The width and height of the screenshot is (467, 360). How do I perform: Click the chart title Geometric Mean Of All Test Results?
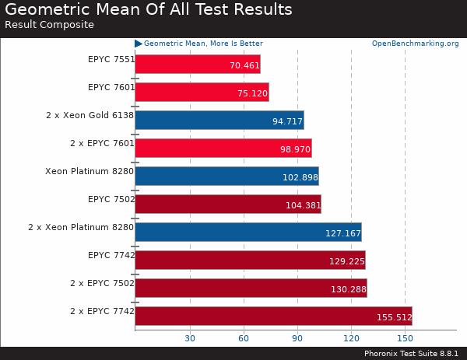[148, 9]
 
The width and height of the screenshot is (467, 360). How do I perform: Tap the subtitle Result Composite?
[49, 24]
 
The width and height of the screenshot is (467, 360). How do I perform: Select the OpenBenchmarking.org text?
[415, 44]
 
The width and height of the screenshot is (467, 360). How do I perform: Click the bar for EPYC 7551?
[197, 65]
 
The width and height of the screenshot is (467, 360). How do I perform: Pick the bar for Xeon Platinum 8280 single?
[226, 177]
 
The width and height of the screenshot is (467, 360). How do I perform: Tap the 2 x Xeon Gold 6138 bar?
[219, 121]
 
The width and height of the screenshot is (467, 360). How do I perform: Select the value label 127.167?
[343, 232]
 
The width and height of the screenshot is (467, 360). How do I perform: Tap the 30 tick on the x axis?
[189, 338]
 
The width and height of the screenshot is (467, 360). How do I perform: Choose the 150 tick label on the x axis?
[405, 338]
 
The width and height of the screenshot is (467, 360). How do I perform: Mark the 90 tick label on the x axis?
[297, 338]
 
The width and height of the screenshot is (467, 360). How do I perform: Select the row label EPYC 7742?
[111, 255]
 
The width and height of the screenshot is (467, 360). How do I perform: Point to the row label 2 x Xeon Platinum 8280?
[81, 227]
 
